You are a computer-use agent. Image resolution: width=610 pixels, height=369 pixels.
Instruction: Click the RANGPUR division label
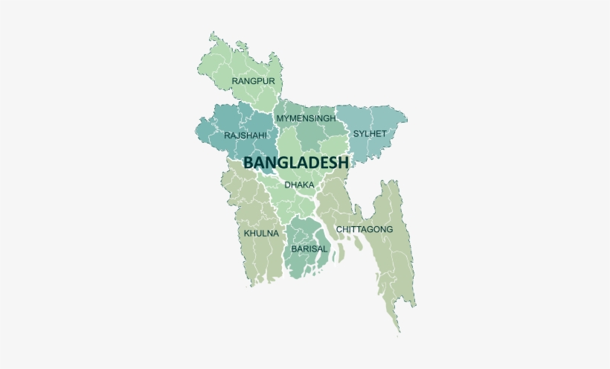pos(253,80)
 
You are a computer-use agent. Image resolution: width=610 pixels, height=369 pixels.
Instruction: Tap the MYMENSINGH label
pos(311,118)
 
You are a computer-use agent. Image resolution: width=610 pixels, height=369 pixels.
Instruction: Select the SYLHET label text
pos(370,134)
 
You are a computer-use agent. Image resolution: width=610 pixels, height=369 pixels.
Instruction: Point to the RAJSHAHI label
pos(245,135)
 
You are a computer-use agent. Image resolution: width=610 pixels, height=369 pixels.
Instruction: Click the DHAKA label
pos(300,184)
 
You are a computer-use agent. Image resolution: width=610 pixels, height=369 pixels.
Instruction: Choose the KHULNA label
pos(261,233)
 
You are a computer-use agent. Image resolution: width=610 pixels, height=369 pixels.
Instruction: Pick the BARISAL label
pos(309,248)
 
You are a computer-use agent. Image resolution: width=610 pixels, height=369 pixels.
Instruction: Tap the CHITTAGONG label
pos(365,229)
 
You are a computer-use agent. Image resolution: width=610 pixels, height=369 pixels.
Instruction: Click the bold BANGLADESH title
pos(296,162)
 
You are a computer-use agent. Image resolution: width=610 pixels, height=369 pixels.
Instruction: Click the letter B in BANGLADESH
pos(249,162)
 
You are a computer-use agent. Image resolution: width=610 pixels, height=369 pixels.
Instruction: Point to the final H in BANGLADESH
pos(344,162)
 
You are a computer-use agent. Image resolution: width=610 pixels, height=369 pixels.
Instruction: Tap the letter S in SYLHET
pos(356,134)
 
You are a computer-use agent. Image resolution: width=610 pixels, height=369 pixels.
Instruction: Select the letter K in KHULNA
pos(247,233)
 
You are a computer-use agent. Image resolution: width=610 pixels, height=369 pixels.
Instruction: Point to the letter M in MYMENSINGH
pos(280,118)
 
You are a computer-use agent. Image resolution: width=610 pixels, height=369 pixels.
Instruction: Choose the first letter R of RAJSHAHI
pos(227,135)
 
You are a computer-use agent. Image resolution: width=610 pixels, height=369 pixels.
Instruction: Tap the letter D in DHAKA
pos(287,184)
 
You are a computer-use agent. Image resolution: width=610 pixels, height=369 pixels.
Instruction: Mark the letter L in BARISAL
pos(325,248)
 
